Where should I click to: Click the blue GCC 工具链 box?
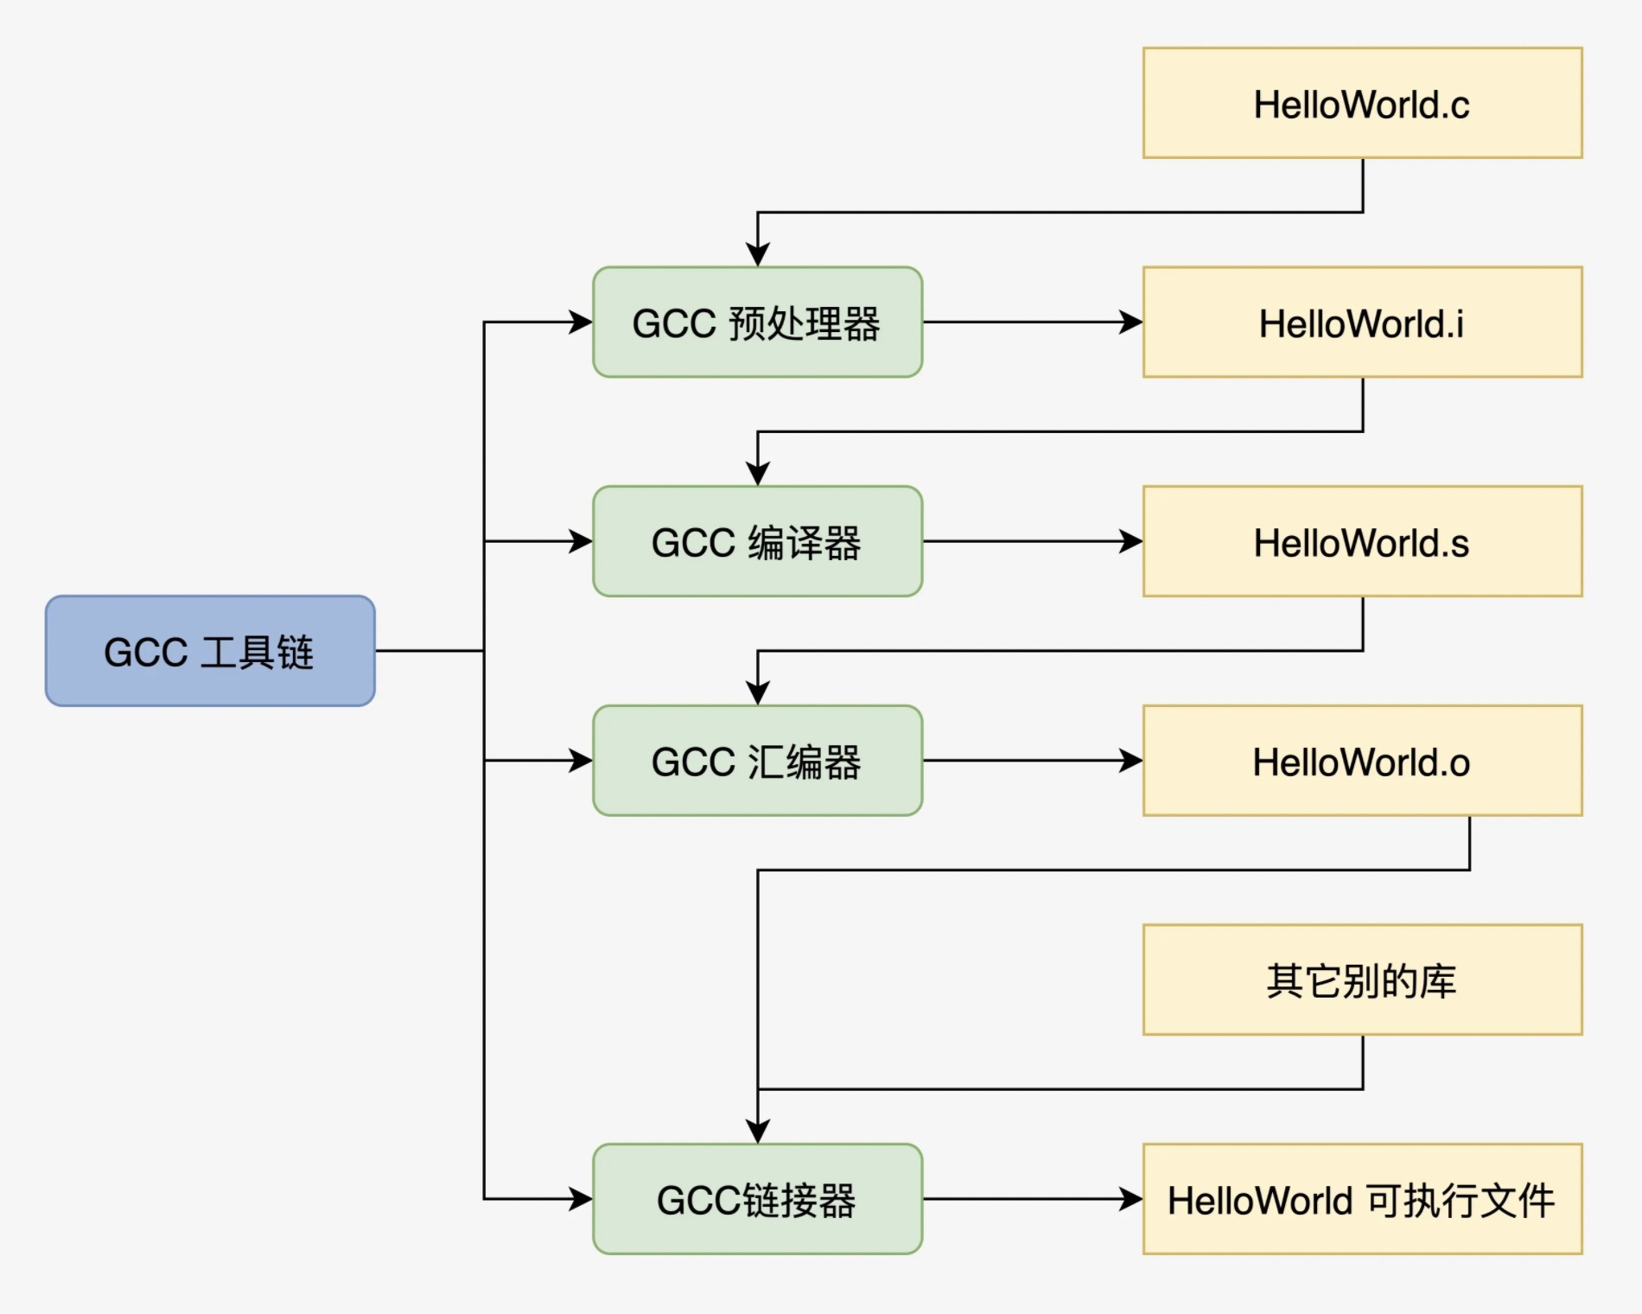210,651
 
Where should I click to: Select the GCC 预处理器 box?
757,322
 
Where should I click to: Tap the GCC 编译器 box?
757,542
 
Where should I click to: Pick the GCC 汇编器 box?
757,761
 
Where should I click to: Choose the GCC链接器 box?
757,1199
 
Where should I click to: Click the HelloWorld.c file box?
1362,103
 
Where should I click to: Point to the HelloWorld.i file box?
1362,322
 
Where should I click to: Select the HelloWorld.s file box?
1362,542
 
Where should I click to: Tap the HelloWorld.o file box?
1362,761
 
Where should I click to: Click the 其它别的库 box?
1362,979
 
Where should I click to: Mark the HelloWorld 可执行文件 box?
1362,1199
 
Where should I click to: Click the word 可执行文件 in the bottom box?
1461,1201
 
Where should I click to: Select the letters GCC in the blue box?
145,653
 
